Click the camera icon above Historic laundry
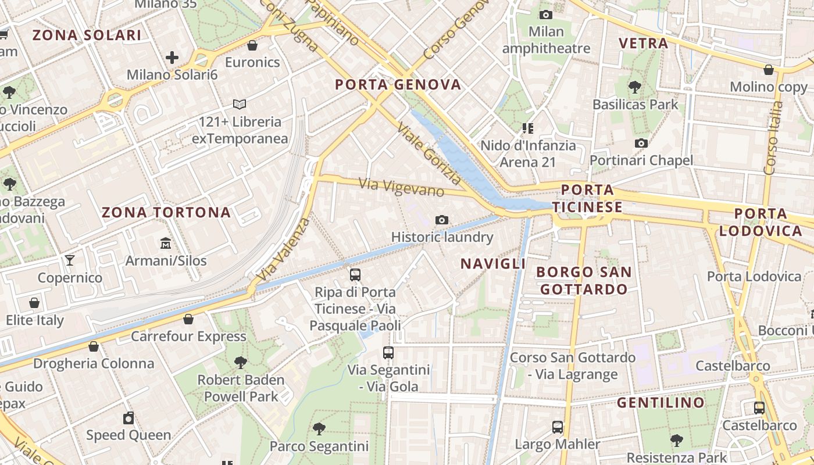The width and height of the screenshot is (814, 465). pos(442,220)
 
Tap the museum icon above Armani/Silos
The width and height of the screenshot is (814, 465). pos(166,243)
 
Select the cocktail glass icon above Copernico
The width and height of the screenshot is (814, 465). pos(70,260)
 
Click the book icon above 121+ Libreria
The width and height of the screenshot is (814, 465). pos(240,105)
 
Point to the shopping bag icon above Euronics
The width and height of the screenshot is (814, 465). pos(252,45)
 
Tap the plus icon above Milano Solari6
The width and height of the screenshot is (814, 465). pos(172,58)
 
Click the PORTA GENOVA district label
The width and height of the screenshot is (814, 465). pos(398,85)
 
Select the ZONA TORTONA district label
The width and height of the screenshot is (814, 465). pos(166,213)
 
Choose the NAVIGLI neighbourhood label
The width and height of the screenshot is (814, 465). pos(493,264)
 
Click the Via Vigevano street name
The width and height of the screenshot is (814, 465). pos(401,187)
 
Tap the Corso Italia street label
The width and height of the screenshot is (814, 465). pos(774,138)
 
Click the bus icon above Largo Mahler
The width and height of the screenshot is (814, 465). pos(558,427)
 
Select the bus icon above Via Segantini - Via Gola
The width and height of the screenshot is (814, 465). pos(388,352)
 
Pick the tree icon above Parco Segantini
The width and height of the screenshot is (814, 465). pos(319,429)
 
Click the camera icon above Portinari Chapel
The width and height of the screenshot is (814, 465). pos(641,143)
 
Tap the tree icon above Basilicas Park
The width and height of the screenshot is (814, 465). pos(635,87)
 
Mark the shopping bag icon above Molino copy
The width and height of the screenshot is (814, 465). pos(769,70)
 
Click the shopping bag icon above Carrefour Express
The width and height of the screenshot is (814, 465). pos(188,319)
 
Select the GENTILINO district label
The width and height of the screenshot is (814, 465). pos(661,402)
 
